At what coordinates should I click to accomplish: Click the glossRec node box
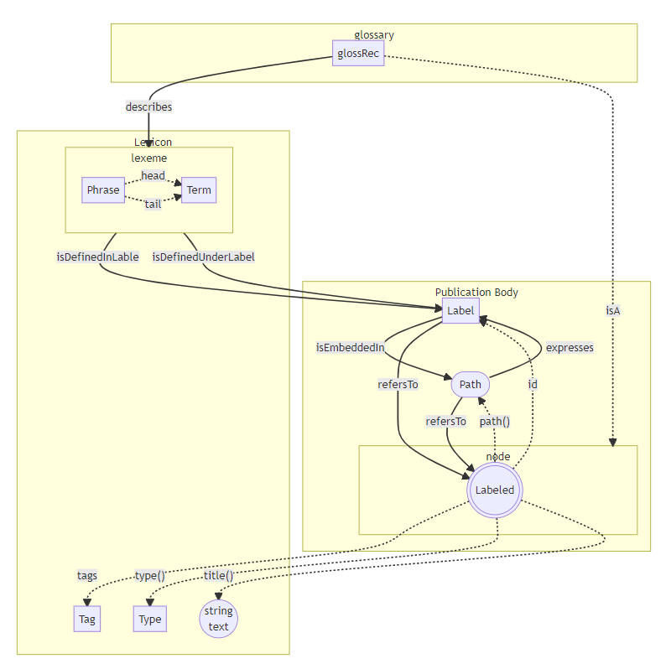click(x=358, y=54)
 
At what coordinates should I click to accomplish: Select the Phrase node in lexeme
click(x=103, y=189)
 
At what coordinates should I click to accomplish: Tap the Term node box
click(x=199, y=189)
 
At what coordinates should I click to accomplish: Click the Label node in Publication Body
click(x=460, y=310)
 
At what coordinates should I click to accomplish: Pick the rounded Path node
click(x=471, y=385)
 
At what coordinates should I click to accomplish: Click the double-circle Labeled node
click(x=495, y=490)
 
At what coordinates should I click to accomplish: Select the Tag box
click(x=87, y=620)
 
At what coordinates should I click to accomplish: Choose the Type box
click(x=150, y=620)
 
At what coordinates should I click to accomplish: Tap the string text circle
click(x=218, y=619)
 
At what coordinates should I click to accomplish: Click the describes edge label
click(x=148, y=106)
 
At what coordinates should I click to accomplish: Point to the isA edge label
click(x=613, y=310)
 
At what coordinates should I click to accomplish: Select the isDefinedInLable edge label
click(x=97, y=257)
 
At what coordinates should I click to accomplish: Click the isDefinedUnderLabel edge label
click(x=203, y=257)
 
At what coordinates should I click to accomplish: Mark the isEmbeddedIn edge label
click(x=350, y=347)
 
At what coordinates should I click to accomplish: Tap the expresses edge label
click(x=570, y=347)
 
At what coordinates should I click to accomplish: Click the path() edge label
click(x=495, y=421)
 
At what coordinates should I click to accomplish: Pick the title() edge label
click(x=218, y=575)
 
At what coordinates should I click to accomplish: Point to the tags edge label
click(x=87, y=575)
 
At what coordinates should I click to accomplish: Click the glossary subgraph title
click(x=374, y=35)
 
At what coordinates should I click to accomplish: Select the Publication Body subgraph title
click(x=476, y=292)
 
